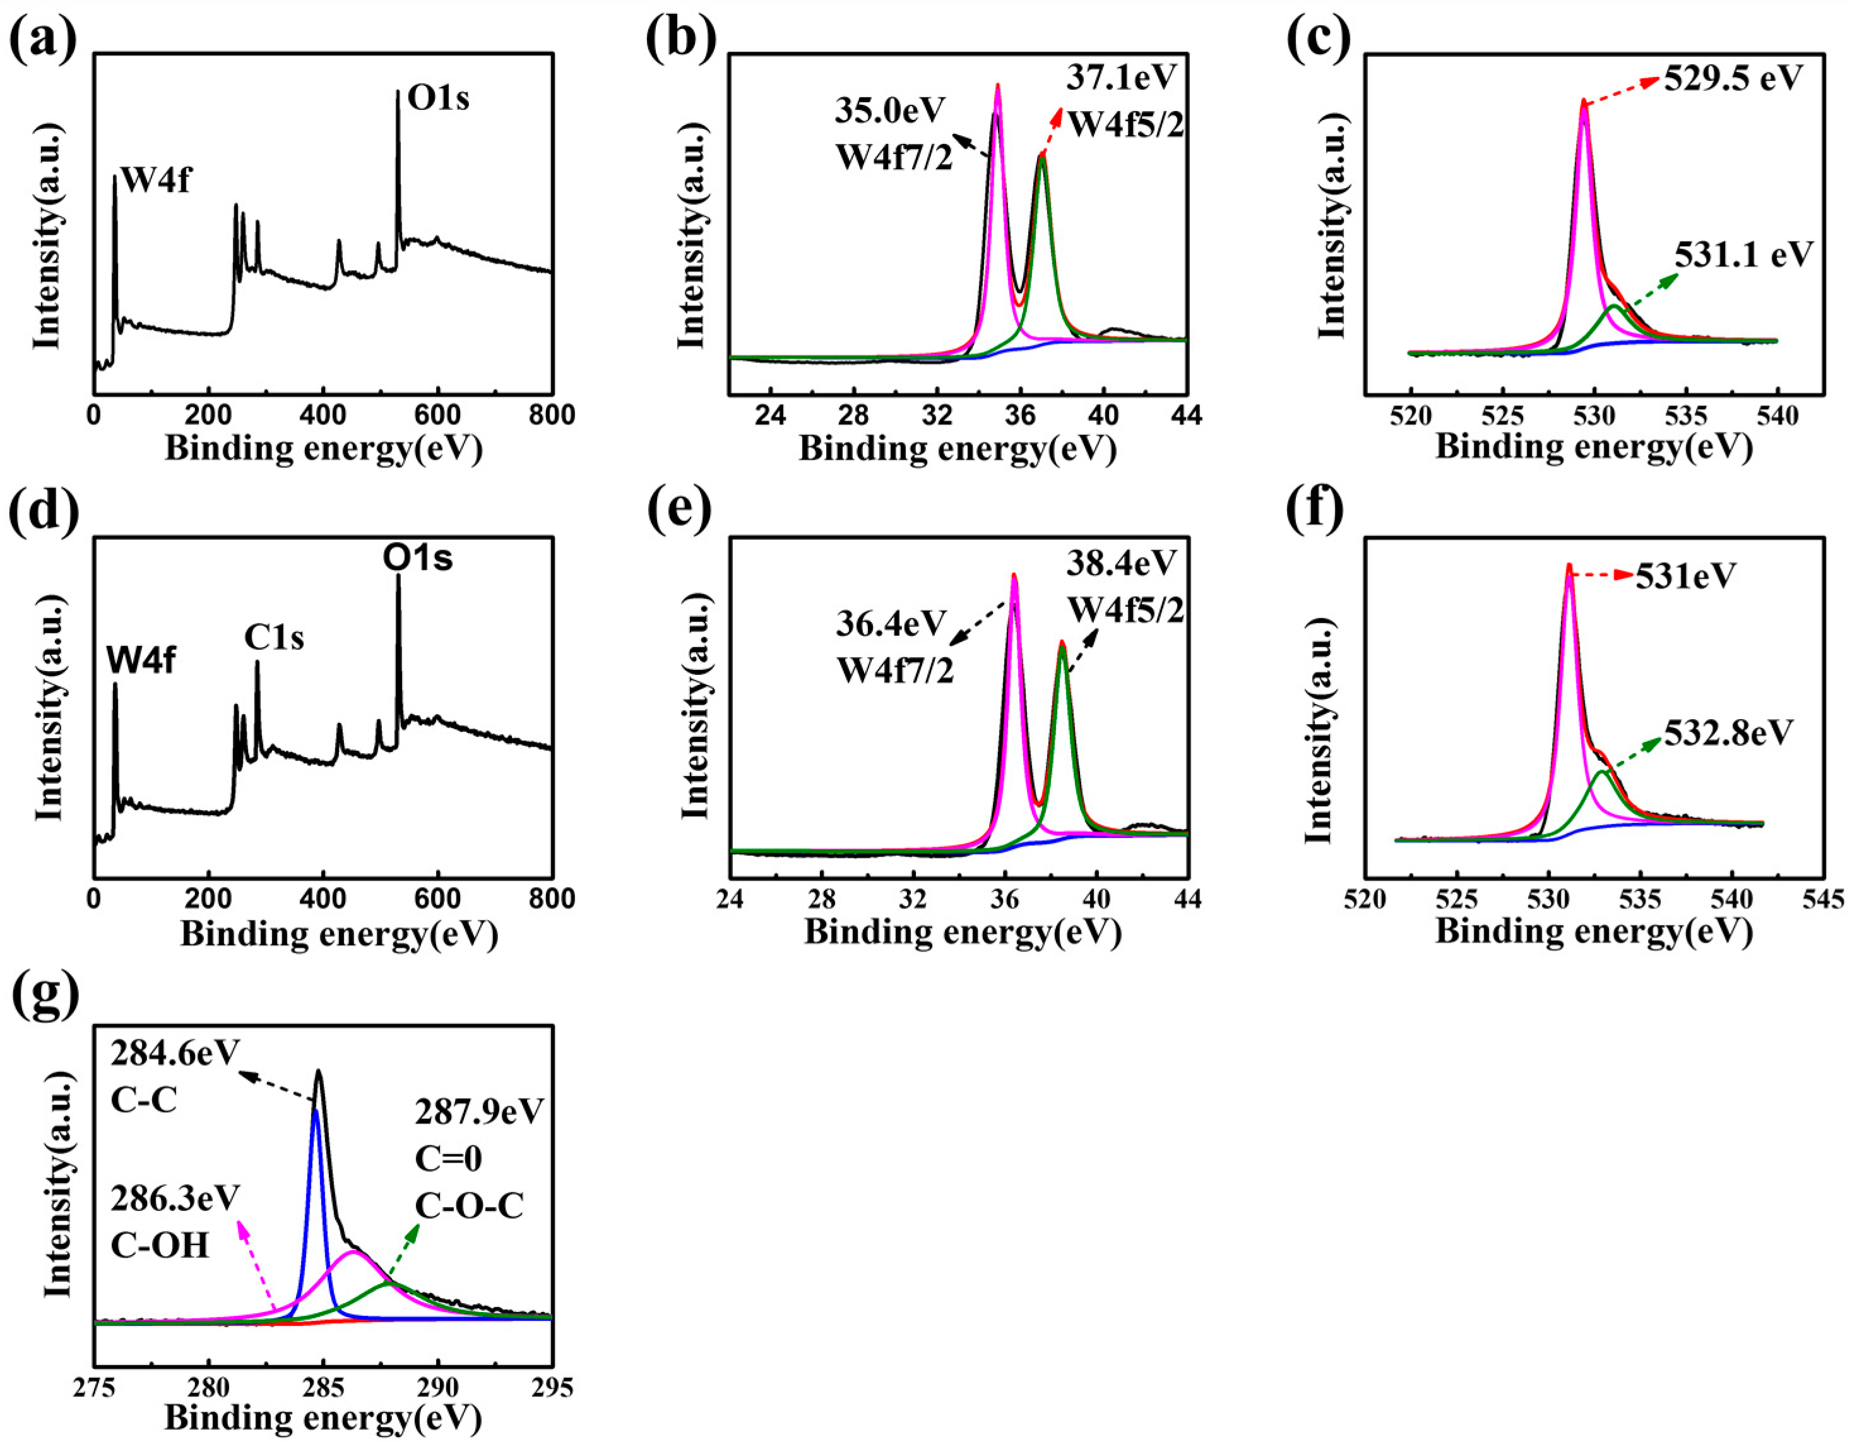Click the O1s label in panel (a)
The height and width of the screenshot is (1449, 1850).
click(439, 99)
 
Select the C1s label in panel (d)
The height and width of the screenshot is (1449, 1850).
click(274, 637)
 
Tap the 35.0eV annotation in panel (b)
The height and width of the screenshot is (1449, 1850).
click(889, 110)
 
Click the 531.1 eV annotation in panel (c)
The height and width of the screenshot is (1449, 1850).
click(1744, 254)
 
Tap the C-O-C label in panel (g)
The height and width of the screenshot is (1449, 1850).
click(469, 1205)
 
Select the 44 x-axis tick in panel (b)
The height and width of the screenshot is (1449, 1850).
click(1186, 415)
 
